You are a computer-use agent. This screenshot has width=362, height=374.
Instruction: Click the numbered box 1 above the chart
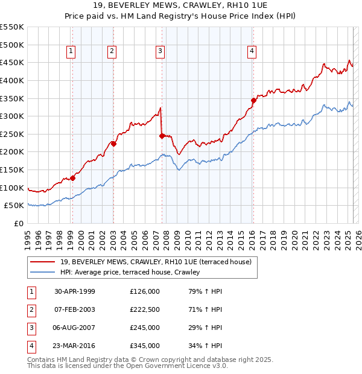click(71, 52)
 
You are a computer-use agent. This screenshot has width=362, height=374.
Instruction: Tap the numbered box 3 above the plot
click(160, 52)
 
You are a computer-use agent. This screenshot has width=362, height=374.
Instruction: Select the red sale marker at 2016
click(253, 100)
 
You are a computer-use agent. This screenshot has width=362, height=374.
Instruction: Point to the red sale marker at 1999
click(72, 178)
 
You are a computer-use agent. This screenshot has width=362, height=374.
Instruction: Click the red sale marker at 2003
click(113, 144)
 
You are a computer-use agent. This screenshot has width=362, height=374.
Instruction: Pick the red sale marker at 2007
click(162, 136)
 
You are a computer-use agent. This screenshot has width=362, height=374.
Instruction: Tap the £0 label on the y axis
click(19, 224)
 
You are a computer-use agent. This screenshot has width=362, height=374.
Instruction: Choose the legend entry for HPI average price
click(130, 273)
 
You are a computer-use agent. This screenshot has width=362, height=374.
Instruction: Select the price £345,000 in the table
click(144, 346)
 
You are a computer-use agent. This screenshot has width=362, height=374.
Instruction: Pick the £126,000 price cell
click(144, 291)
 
